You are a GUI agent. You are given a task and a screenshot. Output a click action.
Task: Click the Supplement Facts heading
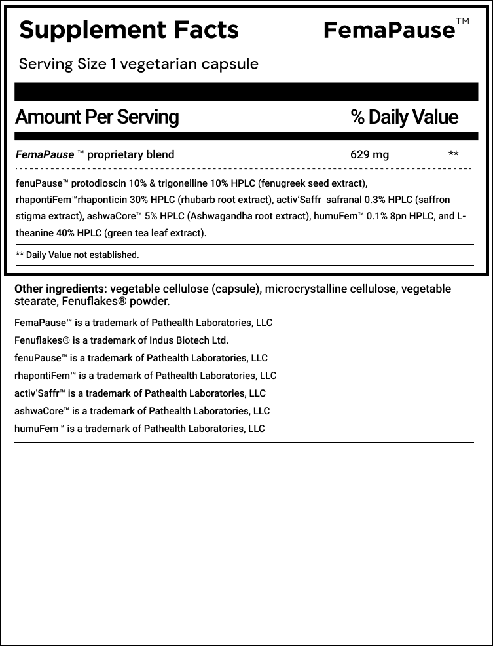(x=129, y=29)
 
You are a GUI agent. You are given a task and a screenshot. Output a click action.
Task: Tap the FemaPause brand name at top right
(x=389, y=30)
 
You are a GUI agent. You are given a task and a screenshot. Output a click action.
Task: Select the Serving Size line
(x=138, y=64)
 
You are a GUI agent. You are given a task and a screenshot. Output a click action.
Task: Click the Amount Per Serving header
(x=96, y=117)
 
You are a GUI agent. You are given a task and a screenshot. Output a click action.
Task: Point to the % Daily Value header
(x=404, y=117)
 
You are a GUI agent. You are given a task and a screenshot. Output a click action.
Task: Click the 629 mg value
(x=369, y=155)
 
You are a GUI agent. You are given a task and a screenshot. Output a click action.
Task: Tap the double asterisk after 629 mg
(x=453, y=155)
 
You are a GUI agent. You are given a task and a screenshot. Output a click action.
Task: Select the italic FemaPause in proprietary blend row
(x=44, y=155)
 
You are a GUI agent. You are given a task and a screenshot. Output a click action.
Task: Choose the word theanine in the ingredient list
(x=37, y=233)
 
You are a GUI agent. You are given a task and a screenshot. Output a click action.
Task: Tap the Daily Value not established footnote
(x=77, y=255)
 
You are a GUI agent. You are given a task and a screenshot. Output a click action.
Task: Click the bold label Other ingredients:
(x=60, y=289)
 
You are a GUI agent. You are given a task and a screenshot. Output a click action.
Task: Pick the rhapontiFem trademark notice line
(x=145, y=376)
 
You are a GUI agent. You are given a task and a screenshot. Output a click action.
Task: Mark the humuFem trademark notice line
(x=139, y=429)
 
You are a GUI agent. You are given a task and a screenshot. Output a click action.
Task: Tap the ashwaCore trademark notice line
(x=141, y=411)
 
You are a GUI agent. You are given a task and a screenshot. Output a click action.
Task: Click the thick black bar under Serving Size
(x=246, y=92)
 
